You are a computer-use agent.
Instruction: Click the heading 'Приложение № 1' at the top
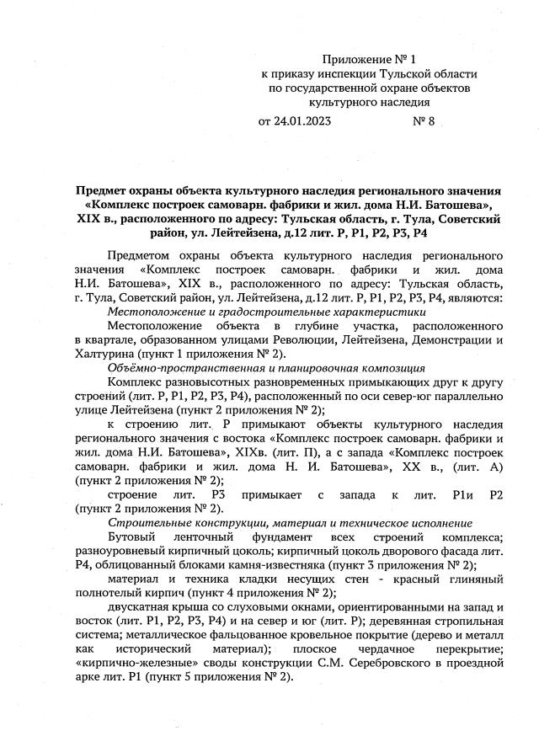pos(370,60)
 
